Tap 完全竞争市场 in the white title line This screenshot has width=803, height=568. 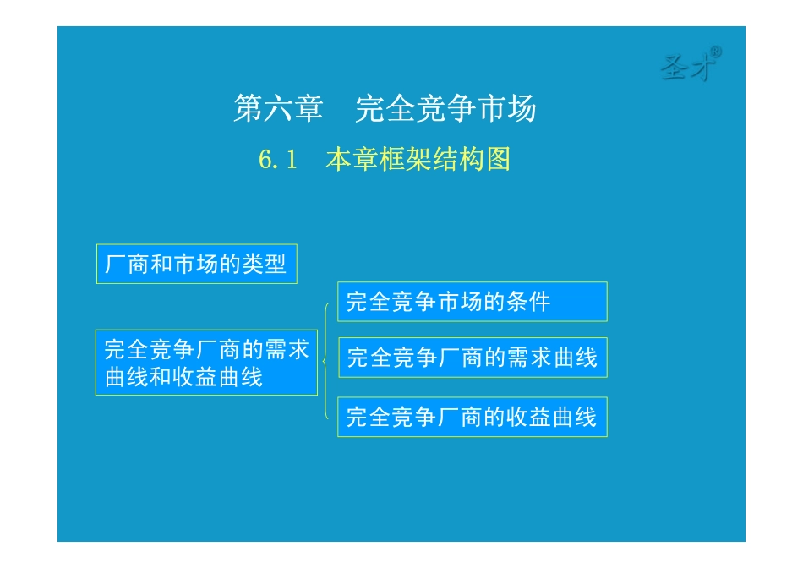pyautogui.click(x=445, y=109)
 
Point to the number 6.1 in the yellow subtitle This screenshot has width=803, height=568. pyautogui.click(x=279, y=160)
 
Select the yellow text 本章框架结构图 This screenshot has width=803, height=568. pyautogui.click(x=418, y=160)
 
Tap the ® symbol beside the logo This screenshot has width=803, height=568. pyautogui.click(x=715, y=52)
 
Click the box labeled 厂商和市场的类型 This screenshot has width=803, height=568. pyautogui.click(x=196, y=265)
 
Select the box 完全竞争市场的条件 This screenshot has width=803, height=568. pyautogui.click(x=472, y=302)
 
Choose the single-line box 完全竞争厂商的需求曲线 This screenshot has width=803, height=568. pyautogui.click(x=472, y=358)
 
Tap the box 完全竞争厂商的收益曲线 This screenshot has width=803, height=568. pyautogui.click(x=472, y=417)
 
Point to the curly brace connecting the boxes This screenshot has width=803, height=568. pyautogui.click(x=325, y=360)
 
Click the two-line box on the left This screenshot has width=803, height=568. pyautogui.click(x=206, y=362)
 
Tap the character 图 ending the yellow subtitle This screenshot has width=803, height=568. pyautogui.click(x=499, y=160)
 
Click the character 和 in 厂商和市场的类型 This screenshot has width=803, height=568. pyautogui.click(x=161, y=265)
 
